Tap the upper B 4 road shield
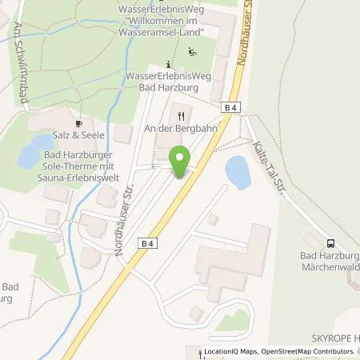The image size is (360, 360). (x=232, y=106)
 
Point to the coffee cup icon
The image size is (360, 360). (x=78, y=123)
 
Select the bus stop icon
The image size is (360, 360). (x=330, y=245)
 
